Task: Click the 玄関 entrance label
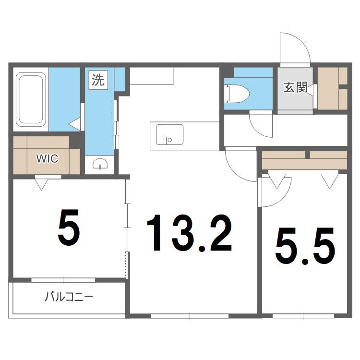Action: click(x=296, y=87)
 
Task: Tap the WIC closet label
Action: click(x=47, y=158)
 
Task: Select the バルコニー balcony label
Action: click(x=69, y=297)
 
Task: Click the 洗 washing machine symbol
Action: click(x=98, y=80)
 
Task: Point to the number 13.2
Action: click(x=190, y=233)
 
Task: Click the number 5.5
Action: click(x=305, y=246)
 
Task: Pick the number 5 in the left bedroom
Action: click(x=69, y=227)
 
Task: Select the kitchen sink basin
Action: click(x=169, y=134)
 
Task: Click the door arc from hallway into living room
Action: click(x=237, y=170)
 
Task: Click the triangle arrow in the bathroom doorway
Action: click(x=75, y=124)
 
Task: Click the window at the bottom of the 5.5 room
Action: click(x=303, y=316)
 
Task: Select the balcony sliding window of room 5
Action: click(x=63, y=280)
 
